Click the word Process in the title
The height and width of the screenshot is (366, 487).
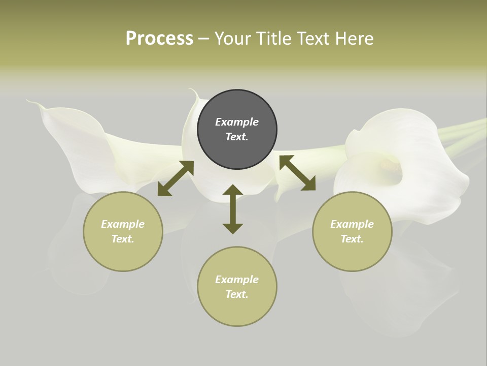(159, 39)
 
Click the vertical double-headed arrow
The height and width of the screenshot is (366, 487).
(233, 209)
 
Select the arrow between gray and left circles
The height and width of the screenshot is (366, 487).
(176, 178)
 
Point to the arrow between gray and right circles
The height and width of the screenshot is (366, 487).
(297, 173)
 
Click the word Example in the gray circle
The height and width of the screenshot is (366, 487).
(237, 122)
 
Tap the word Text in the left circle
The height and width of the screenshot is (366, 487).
(123, 239)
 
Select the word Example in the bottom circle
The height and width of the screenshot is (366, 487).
(237, 280)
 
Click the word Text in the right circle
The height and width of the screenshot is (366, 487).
(352, 239)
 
